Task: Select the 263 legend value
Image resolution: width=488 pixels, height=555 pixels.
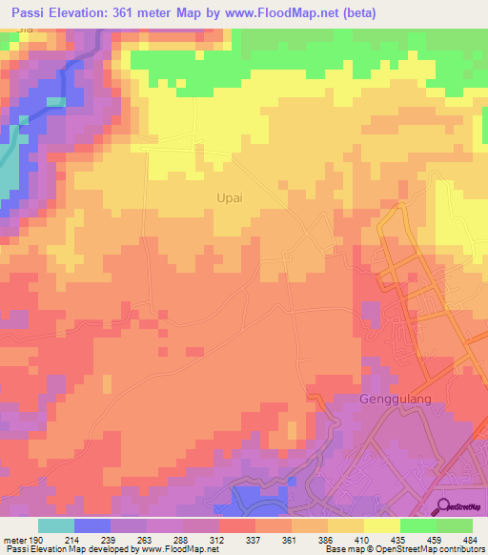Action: point(146,538)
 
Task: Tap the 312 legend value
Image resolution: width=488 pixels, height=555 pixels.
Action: point(215,538)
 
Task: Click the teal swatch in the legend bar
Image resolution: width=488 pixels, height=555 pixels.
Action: point(56,525)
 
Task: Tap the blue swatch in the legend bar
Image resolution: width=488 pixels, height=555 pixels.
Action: point(92,525)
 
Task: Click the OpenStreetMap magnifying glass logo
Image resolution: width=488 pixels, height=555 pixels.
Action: point(443,505)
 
